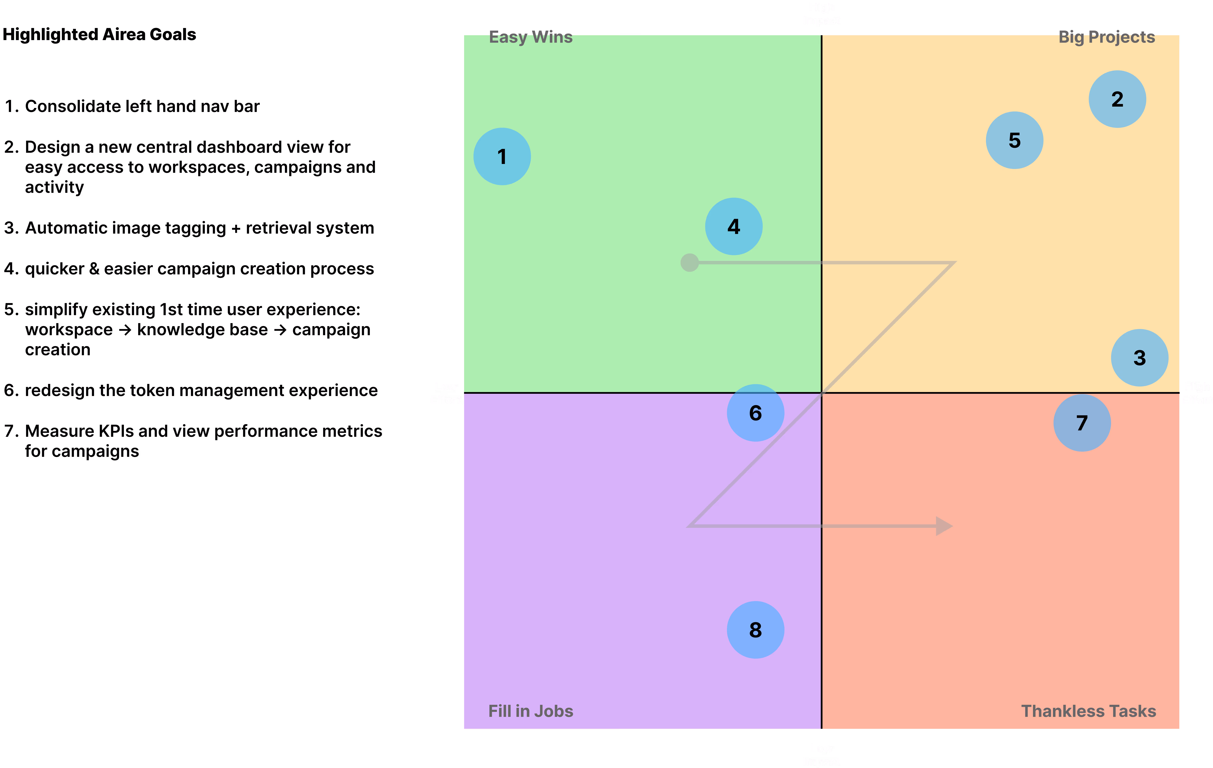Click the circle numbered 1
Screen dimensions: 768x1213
coord(502,157)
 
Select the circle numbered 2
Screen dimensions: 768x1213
coord(1117,99)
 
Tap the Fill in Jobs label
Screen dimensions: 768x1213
coord(530,711)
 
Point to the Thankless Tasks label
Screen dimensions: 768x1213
coord(1088,711)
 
